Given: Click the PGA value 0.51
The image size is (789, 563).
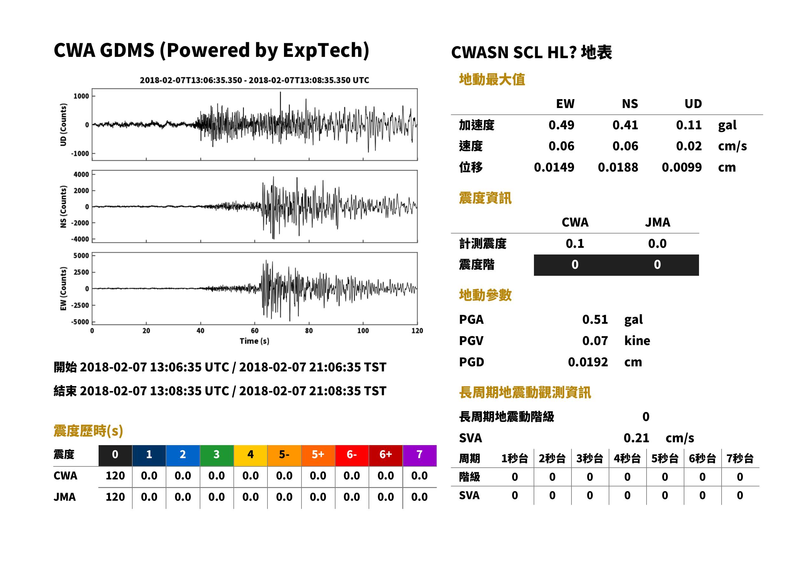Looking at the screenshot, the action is pos(595,319).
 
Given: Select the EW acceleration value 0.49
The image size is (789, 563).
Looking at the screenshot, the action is pos(561,125).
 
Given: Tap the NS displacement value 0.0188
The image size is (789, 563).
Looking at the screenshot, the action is pos(618,167).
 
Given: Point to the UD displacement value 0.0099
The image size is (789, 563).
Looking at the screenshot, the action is pos(682,167).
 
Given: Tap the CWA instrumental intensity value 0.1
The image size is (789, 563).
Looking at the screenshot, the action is pos(575,243).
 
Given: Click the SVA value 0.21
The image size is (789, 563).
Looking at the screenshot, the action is pos(636,438).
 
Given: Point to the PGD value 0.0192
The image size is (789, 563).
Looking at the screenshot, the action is pos(588,362).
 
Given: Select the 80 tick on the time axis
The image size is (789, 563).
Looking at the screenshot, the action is pos(309,331).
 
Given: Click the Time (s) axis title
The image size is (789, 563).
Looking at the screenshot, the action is pos(254,341).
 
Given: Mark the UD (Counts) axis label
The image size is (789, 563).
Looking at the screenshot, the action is pos(63,125).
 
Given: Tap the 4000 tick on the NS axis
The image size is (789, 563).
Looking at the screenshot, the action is pos(81,174).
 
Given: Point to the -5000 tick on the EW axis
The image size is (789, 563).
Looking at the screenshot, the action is pos(80,322).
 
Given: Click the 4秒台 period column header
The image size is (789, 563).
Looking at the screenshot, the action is pos(627,458).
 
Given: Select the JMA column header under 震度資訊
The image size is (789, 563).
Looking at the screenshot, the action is pos(658,222).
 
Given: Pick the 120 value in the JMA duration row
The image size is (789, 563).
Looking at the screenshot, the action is pos(115,497).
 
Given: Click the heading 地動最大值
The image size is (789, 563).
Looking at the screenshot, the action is pos(492,79).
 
